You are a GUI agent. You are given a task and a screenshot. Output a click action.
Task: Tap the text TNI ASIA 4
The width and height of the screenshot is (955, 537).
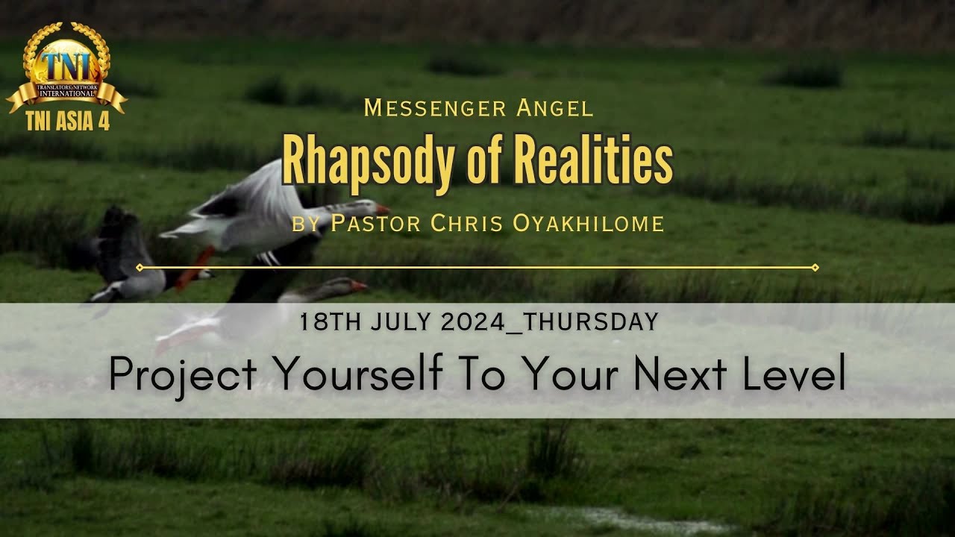point(68,122)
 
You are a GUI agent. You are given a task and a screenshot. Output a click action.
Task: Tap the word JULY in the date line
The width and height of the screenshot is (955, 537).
point(409,322)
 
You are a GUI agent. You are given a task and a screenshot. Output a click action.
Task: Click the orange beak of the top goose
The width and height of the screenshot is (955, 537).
point(382,209)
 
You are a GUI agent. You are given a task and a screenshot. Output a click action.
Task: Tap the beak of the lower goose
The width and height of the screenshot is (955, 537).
point(359,286)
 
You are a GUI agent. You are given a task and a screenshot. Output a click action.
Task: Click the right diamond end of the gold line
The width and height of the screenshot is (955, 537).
point(815,267)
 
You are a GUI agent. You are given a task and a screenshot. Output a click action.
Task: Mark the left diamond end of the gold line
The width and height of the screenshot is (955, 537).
point(140,267)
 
